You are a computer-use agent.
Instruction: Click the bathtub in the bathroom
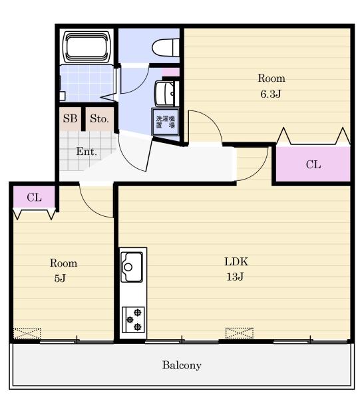(x=88, y=47)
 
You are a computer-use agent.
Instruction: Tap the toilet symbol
(x=166, y=47)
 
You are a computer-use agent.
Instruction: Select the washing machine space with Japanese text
(x=166, y=122)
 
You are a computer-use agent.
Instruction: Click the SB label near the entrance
(x=70, y=118)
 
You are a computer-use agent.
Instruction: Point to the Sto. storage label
(x=99, y=118)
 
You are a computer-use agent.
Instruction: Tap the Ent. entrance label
(x=87, y=152)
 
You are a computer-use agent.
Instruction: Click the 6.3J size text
(x=270, y=94)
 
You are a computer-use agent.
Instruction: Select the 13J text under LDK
(x=235, y=277)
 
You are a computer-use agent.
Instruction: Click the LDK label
(x=236, y=261)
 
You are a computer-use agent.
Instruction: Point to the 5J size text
(x=60, y=278)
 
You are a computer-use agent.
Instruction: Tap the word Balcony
(x=182, y=365)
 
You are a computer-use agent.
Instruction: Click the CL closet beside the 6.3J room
(x=313, y=164)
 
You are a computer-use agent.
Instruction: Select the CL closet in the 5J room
(x=34, y=198)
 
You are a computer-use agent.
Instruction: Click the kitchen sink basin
(x=132, y=267)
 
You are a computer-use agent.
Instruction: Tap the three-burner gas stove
(x=133, y=320)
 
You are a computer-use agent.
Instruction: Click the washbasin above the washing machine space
(x=165, y=94)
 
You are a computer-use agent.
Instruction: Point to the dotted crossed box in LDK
(x=240, y=333)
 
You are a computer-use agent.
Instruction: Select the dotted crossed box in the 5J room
(x=27, y=334)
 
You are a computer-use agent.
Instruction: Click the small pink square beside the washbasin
(x=171, y=72)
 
